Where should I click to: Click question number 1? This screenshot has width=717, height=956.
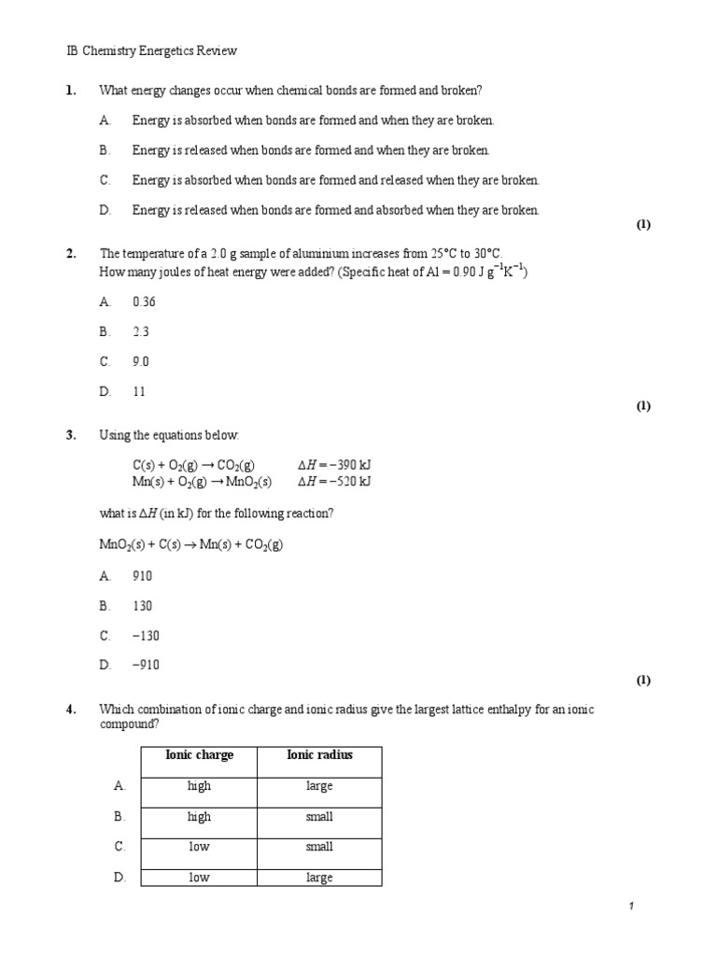(70, 90)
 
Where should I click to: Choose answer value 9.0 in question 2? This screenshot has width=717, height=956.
(140, 361)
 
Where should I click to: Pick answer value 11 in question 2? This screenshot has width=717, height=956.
(139, 392)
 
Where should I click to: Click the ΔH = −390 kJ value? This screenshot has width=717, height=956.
(333, 465)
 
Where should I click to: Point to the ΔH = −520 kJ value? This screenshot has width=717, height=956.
(333, 481)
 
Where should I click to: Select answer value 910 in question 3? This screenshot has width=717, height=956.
(142, 576)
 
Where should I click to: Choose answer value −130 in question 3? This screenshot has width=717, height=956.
(146, 636)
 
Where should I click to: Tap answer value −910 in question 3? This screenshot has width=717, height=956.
(146, 665)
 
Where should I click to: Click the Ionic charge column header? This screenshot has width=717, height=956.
(199, 755)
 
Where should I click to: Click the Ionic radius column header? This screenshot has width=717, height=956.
(319, 755)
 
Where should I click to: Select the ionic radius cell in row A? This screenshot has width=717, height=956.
(319, 786)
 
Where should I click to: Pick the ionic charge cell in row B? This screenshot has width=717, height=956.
(199, 817)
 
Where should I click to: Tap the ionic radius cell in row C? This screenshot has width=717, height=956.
(319, 847)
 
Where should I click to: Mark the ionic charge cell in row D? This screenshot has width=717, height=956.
(199, 878)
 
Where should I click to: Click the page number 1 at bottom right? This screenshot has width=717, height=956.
(632, 907)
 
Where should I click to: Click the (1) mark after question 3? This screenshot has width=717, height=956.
(643, 680)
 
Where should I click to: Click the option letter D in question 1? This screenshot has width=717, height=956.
(105, 210)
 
